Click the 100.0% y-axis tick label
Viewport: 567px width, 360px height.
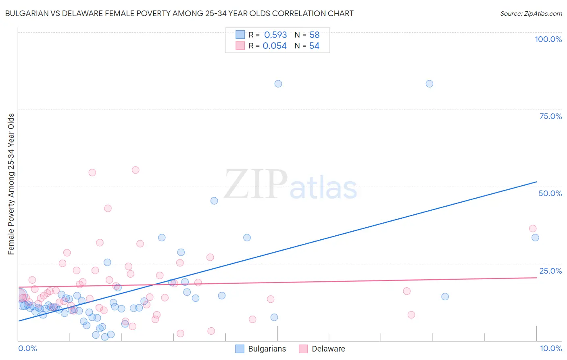(548, 39)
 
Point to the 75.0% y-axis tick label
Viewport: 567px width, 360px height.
(550, 116)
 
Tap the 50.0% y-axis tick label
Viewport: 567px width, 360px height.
(550, 193)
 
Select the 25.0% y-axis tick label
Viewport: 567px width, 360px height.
(550, 271)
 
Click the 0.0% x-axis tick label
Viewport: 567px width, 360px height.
(27, 348)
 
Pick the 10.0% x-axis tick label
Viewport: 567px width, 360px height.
(550, 348)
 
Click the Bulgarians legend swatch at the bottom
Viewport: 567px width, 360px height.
(240, 349)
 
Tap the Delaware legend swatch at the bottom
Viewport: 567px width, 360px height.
(303, 349)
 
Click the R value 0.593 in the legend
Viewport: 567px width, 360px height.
(275, 35)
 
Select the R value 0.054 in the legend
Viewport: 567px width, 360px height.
(275, 46)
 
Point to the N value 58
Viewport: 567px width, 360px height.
(315, 35)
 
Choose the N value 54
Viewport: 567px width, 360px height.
(315, 46)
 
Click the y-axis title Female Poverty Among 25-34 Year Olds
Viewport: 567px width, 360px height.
(11, 184)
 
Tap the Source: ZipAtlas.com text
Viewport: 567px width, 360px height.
(531, 14)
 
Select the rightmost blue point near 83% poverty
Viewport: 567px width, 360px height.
(429, 84)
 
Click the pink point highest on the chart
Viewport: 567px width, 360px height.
(135, 170)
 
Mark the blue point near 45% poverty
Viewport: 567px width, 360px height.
(214, 201)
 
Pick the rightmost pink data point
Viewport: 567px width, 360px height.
(533, 228)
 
